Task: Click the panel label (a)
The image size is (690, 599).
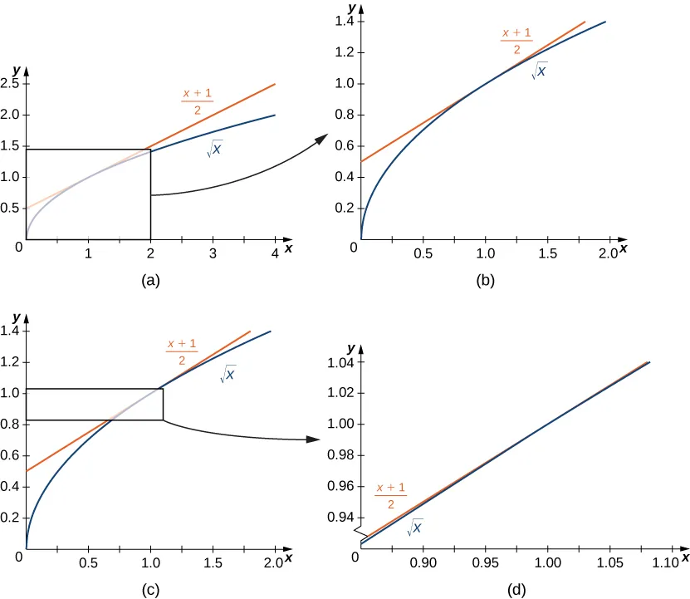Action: tap(151, 281)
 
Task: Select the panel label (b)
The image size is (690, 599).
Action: tap(485, 281)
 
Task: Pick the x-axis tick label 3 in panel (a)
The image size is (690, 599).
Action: tap(213, 253)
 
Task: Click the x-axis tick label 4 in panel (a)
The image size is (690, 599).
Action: tap(275, 253)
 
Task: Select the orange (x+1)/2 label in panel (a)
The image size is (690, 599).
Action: tap(198, 101)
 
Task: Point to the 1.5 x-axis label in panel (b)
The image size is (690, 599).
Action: tap(546, 253)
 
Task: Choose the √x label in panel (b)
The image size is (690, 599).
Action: tap(539, 71)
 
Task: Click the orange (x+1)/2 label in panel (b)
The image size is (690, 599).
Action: tap(516, 42)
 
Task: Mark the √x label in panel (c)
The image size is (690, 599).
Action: tap(228, 375)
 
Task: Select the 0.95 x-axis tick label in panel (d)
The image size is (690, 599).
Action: tap(485, 563)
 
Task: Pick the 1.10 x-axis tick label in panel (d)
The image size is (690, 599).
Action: tap(666, 563)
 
